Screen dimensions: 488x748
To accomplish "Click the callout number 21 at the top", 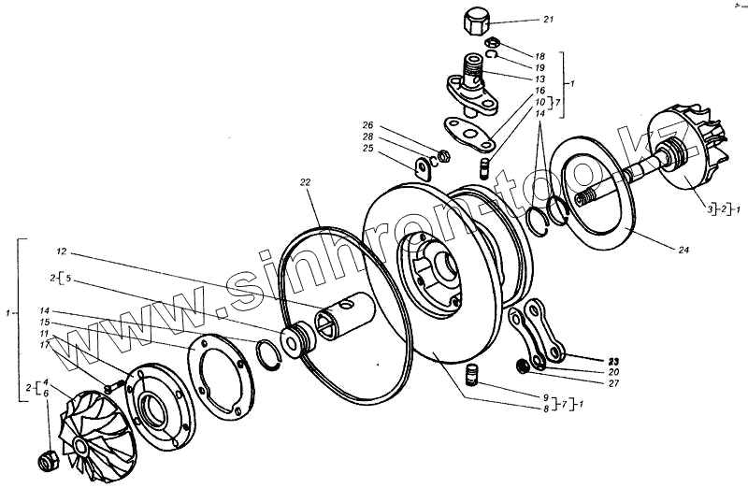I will tap(548, 21).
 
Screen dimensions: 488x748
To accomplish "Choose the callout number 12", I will tap(62, 251).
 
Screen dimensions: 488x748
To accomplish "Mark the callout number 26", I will tap(367, 125).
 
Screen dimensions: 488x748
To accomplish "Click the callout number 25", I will tap(367, 149).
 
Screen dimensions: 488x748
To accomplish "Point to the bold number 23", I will tap(613, 359).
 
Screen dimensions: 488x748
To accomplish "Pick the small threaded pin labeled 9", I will tap(473, 377).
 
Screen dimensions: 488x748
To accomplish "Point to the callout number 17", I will tap(44, 345).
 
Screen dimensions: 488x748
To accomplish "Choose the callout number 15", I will tap(44, 322).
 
